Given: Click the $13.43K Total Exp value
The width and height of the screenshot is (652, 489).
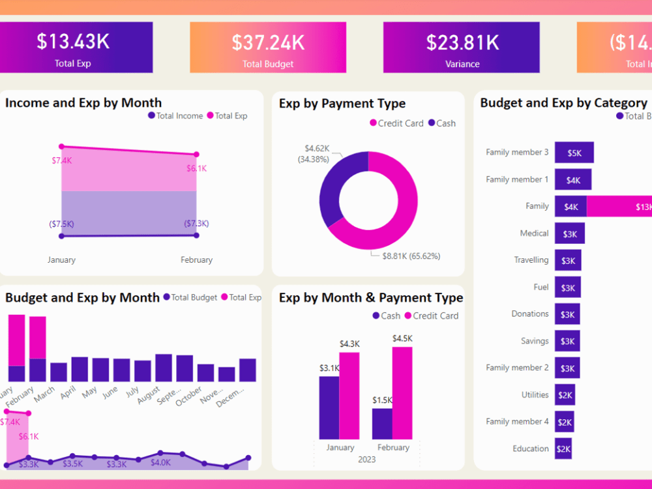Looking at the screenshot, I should (x=73, y=41).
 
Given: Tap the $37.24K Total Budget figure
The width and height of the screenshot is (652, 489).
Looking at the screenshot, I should (x=268, y=42).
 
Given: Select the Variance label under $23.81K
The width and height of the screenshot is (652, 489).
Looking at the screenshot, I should (x=462, y=64).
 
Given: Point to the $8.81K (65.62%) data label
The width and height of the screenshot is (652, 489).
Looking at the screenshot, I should (x=411, y=256).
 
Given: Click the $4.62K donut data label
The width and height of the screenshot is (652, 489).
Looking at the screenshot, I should (x=317, y=149).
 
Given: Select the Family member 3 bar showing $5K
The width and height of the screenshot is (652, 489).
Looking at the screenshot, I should (x=574, y=153).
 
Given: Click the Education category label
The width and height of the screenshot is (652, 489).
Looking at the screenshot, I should (x=530, y=449).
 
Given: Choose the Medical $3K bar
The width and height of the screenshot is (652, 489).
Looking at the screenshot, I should (x=569, y=233).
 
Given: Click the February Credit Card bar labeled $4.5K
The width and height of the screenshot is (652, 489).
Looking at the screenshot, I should (x=402, y=393).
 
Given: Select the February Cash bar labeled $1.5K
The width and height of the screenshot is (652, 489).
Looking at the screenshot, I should (x=382, y=423).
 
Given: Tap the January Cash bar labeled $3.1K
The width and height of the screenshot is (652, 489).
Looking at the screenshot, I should (x=329, y=407).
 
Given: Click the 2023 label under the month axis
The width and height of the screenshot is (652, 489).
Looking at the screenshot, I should (x=366, y=460).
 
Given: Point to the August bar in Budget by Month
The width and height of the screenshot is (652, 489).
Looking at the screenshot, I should (x=163, y=368).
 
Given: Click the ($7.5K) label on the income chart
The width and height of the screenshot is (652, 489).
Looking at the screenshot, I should (x=61, y=224).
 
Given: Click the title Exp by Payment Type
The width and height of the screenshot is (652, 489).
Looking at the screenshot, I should (x=342, y=104).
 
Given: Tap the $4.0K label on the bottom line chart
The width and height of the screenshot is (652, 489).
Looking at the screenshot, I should (x=160, y=462).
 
